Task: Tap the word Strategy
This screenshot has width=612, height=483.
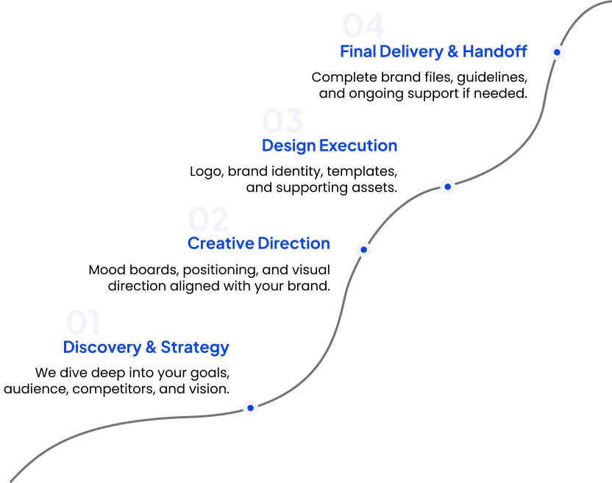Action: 195,347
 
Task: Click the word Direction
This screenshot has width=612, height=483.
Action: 294,243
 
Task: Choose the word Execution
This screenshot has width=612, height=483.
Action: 359,146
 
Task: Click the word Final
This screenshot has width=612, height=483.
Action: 357,51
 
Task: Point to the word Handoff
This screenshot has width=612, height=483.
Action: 495,51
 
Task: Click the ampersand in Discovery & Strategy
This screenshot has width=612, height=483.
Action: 151,347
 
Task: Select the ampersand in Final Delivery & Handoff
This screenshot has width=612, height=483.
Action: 453,51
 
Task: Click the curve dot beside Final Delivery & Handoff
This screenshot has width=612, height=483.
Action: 558,52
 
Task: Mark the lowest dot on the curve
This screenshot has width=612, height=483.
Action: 251,407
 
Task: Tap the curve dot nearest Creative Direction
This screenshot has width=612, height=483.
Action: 363,250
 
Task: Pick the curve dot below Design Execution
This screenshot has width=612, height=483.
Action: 448,187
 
